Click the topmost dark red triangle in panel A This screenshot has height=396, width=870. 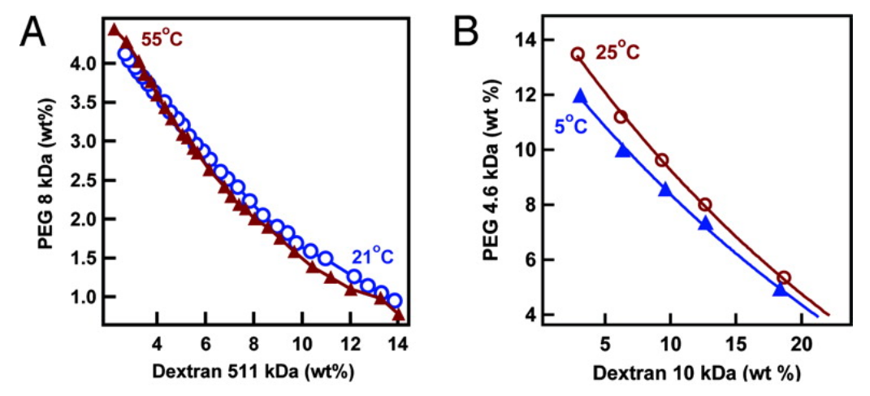tap(114, 29)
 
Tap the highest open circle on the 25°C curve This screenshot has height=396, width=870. tap(578, 54)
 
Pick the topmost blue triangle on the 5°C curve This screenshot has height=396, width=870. tap(580, 96)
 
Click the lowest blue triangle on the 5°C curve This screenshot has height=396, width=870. tap(780, 289)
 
